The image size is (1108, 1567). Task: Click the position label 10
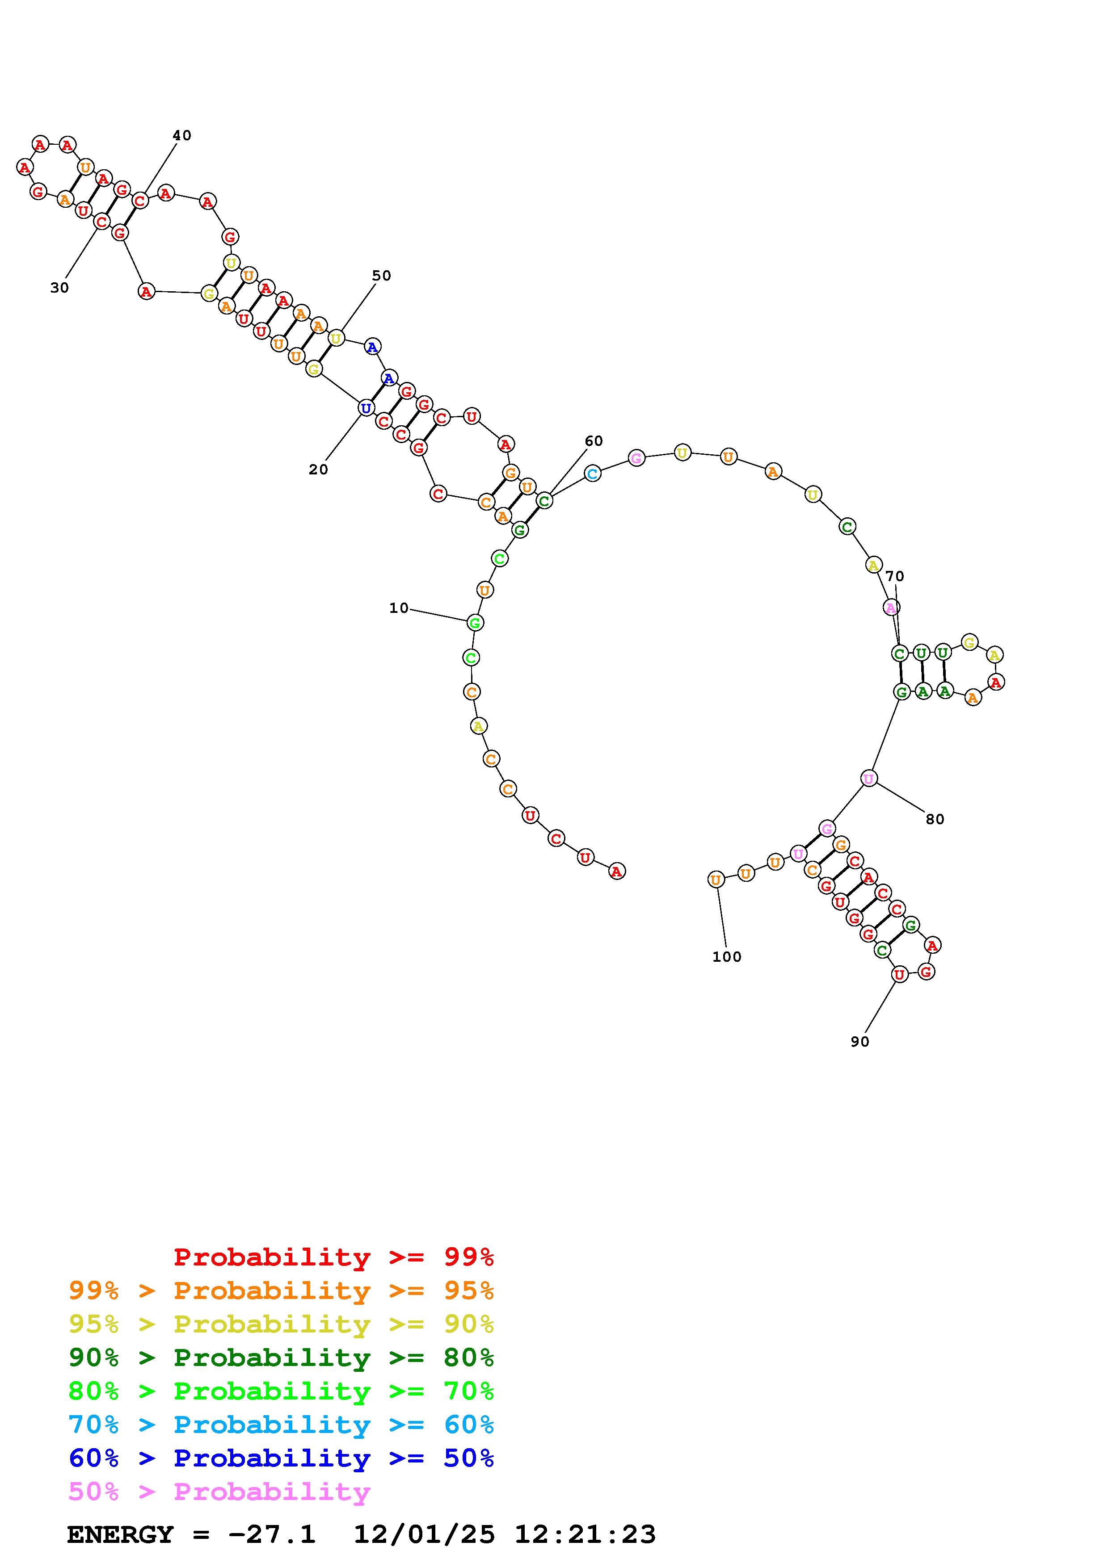[x=399, y=608]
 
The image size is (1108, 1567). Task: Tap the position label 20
[x=318, y=469]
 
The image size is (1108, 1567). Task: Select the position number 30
[x=59, y=288]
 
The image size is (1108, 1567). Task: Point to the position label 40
[x=181, y=135]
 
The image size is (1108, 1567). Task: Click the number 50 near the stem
[x=382, y=276]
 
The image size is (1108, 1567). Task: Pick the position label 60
[x=594, y=441]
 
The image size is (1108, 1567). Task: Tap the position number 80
[x=935, y=819]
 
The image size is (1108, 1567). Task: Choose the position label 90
[x=860, y=1042]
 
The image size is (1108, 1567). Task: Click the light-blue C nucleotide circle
[x=593, y=473]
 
